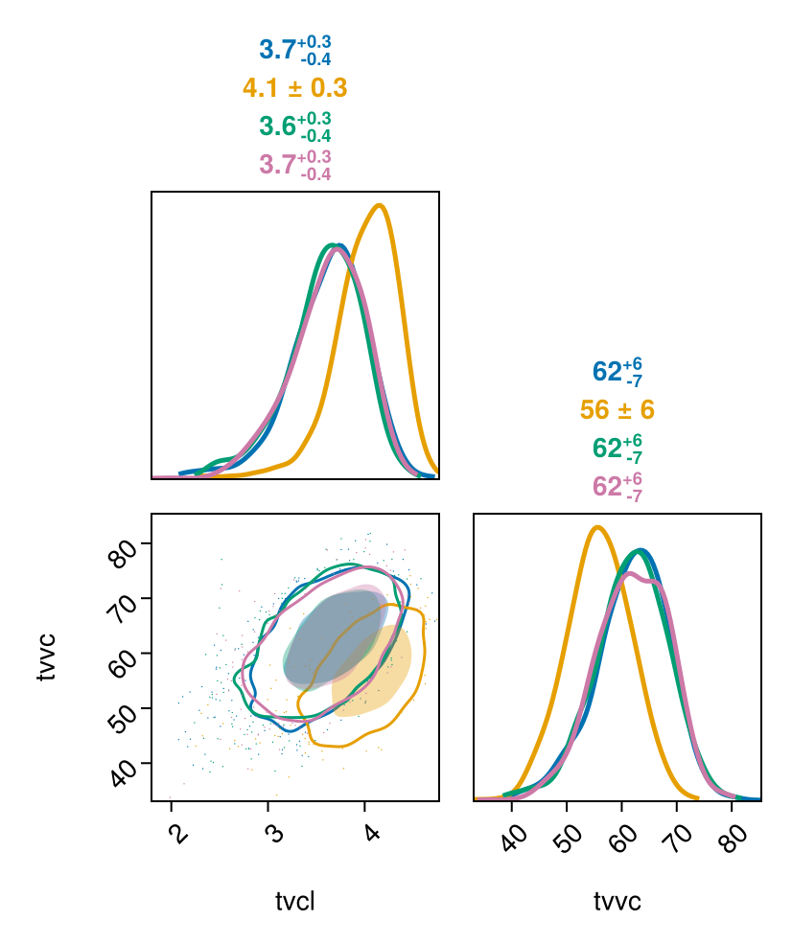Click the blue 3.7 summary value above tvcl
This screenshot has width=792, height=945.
(x=295, y=51)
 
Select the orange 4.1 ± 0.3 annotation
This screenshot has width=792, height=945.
(x=295, y=88)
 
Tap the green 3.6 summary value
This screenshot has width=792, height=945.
(x=295, y=127)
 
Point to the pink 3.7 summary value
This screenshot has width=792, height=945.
(x=295, y=166)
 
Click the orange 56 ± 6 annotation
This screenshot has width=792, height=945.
(x=617, y=410)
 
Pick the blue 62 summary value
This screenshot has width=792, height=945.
(x=617, y=372)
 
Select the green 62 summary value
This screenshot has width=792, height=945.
(x=617, y=449)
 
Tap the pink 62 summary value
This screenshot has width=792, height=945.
(x=617, y=487)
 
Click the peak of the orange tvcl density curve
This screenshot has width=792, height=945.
(x=379, y=205)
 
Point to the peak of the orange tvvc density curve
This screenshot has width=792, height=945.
(x=597, y=527)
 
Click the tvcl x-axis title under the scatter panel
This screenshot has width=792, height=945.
(x=295, y=902)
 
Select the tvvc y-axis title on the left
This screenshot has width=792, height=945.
(x=46, y=657)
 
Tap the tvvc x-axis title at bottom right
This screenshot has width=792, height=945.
(x=617, y=902)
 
